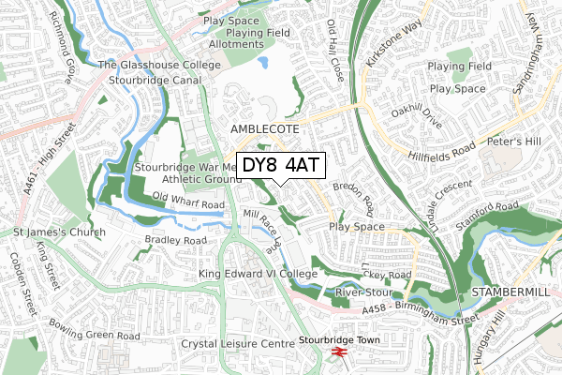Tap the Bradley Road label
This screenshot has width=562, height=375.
click(175, 240)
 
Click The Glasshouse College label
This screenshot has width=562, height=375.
click(161, 65)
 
